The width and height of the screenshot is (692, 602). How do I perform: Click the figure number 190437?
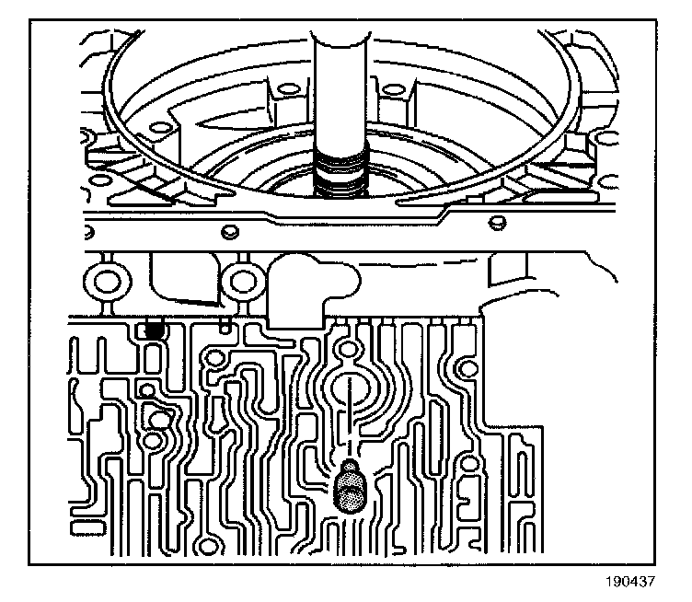[631, 582]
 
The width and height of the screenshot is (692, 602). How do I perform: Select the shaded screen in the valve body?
[350, 485]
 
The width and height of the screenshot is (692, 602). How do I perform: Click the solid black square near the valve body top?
[154, 327]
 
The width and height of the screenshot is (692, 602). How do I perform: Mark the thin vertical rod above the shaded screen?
[351, 414]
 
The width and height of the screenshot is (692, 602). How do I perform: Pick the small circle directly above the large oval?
[348, 350]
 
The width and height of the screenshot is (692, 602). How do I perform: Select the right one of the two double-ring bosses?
[243, 279]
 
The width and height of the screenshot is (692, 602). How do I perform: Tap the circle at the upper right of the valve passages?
[467, 370]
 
